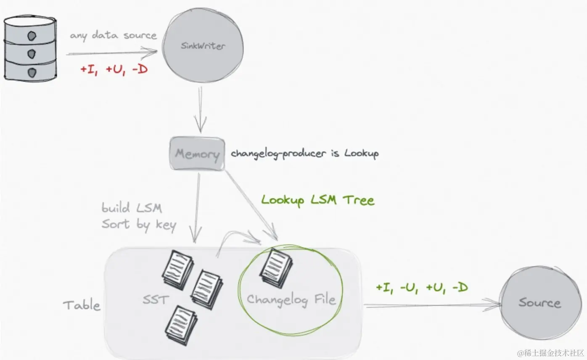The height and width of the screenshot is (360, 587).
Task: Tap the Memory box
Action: [197, 154]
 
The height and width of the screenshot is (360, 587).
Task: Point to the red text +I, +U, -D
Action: [114, 69]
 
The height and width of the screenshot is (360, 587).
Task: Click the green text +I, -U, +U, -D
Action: [422, 288]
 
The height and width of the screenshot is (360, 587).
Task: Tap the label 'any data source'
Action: [113, 35]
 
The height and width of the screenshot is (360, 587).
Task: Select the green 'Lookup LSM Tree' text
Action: [317, 200]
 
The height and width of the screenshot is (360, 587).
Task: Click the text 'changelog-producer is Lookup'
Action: [304, 153]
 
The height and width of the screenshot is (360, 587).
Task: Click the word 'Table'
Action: [82, 305]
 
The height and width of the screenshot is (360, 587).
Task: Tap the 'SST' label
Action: [156, 299]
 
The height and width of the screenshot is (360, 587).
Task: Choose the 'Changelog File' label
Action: [291, 299]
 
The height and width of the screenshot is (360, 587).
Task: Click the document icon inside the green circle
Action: [276, 267]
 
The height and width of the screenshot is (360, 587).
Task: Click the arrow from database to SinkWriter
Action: [111, 53]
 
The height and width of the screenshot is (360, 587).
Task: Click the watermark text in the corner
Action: [551, 352]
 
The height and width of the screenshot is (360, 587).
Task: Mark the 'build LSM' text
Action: [132, 208]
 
